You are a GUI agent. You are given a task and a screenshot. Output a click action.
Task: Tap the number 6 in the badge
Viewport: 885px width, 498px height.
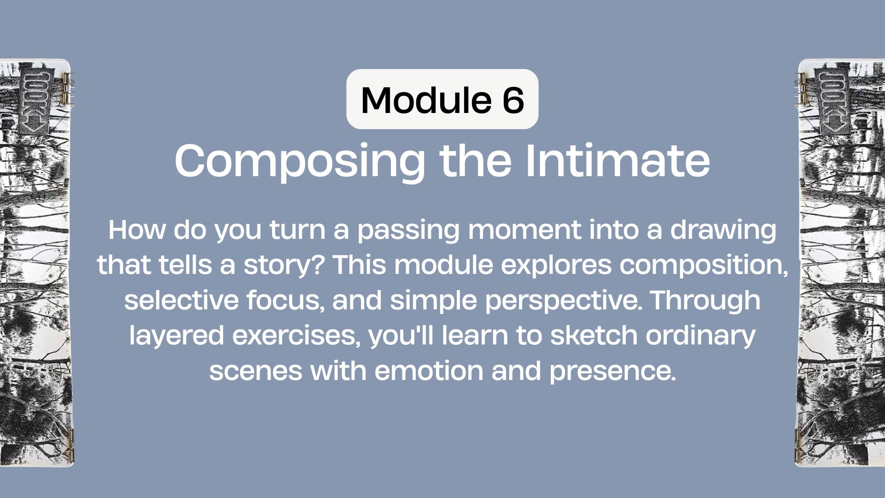[x=512, y=100]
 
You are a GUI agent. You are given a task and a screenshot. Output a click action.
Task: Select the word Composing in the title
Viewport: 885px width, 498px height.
[x=300, y=161]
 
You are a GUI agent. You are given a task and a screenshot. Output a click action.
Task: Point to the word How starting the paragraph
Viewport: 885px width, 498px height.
[x=136, y=230]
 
